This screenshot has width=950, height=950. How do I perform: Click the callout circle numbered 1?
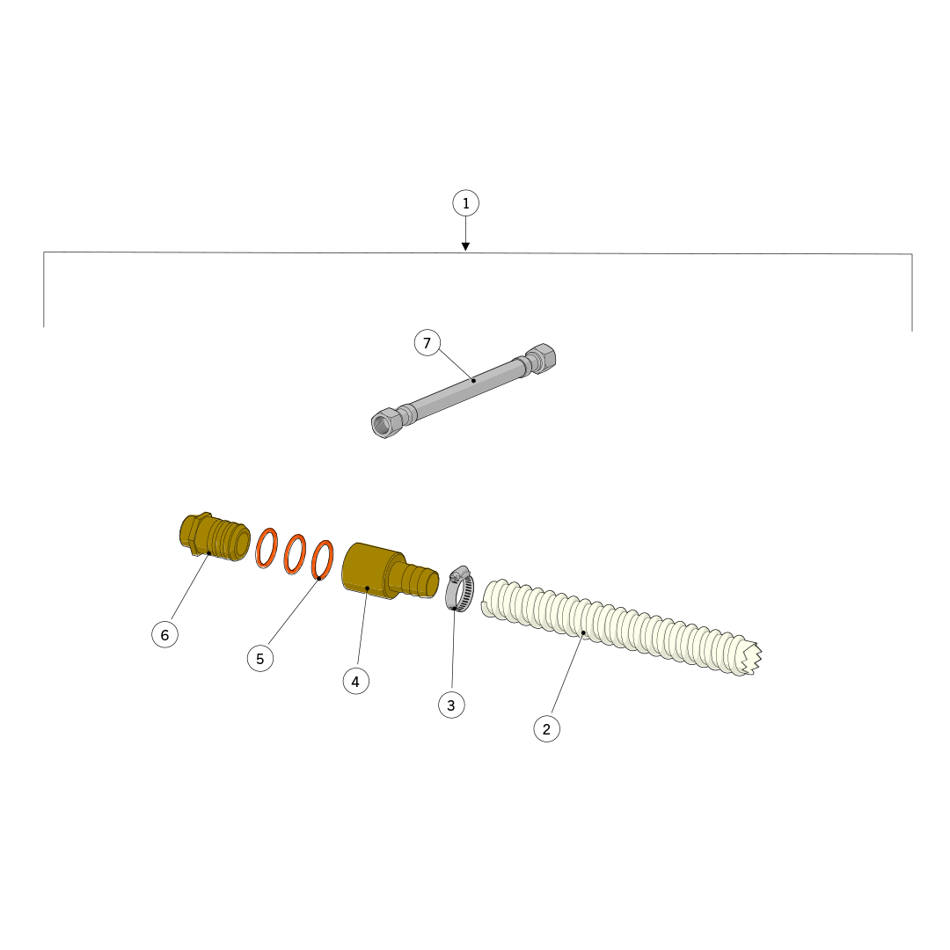point(465,203)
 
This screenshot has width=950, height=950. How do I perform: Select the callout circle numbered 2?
point(546,729)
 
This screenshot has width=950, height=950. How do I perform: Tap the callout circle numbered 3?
point(451,705)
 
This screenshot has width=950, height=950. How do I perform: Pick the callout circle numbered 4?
point(355,682)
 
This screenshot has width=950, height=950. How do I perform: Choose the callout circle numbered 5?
point(260,659)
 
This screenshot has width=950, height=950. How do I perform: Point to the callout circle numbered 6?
point(164,635)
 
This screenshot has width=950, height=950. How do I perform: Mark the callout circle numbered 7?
point(427,344)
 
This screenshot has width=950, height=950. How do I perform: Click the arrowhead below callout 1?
point(465,246)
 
